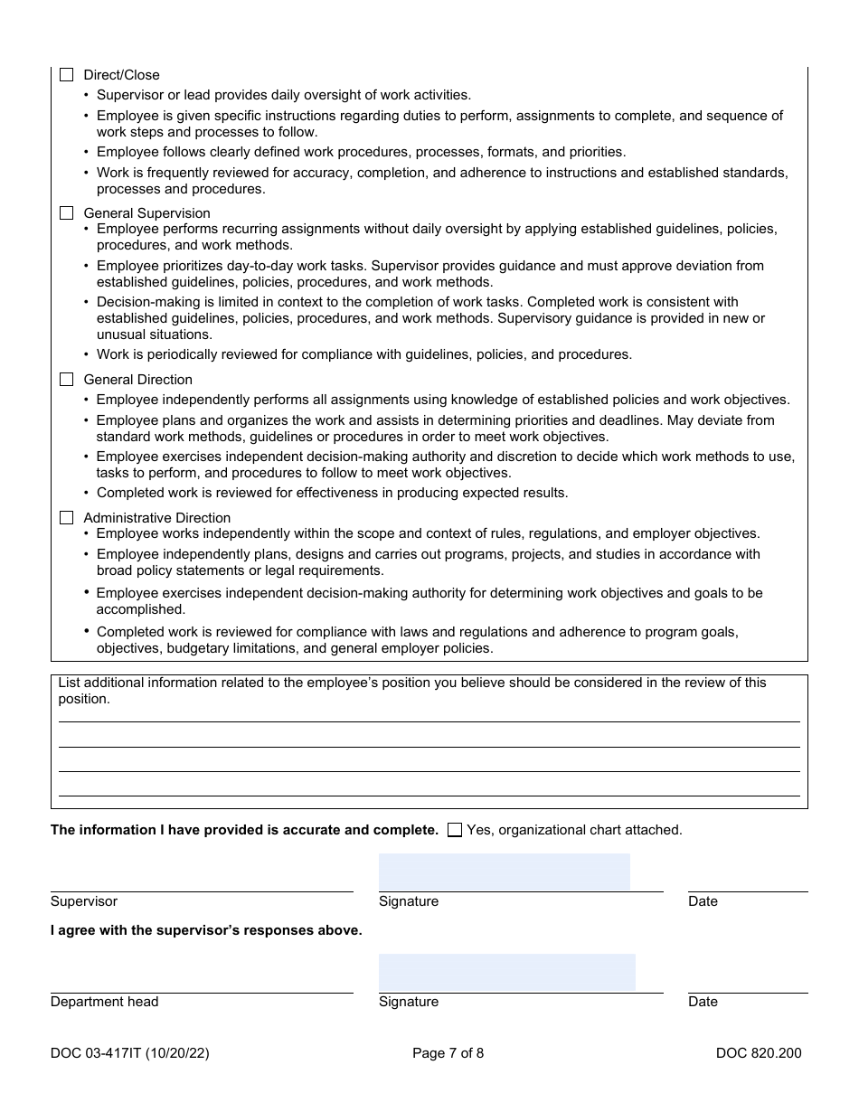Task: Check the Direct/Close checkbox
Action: [x=66, y=75]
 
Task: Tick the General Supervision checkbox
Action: [x=66, y=213]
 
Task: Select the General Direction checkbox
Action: [x=66, y=380]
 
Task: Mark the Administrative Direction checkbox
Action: [x=66, y=518]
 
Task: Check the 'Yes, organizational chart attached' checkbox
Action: [x=455, y=830]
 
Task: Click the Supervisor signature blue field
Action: [x=504, y=872]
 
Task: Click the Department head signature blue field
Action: [x=506, y=972]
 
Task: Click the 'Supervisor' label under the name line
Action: [x=84, y=901]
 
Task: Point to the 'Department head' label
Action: [x=104, y=1002]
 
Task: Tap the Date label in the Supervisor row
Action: [x=703, y=901]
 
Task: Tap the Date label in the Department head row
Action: [x=703, y=1002]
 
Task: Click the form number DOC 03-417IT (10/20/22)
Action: [x=129, y=1052]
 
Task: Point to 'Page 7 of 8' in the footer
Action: [x=448, y=1052]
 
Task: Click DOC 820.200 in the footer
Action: [x=758, y=1052]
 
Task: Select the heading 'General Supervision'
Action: [x=146, y=213]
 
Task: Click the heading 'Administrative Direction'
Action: [x=156, y=518]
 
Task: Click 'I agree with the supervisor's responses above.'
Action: [x=206, y=930]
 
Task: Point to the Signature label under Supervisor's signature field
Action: [x=409, y=901]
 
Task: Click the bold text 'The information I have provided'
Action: [x=244, y=830]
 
